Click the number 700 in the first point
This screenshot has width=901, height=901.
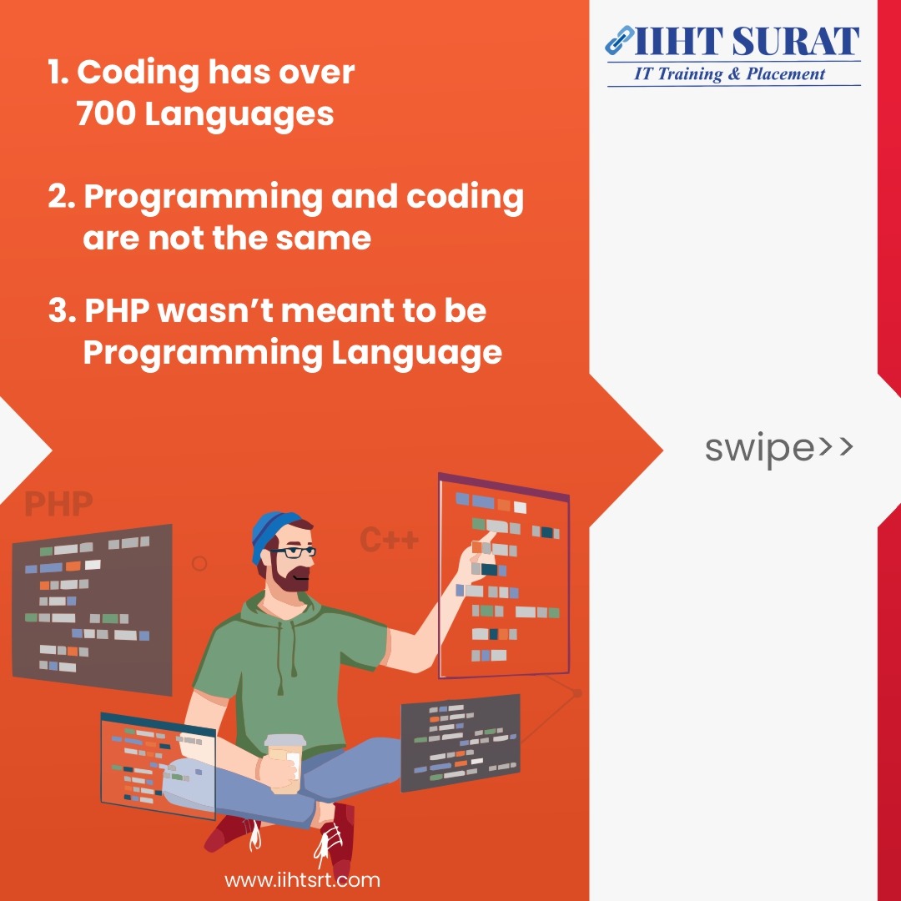coord(107,113)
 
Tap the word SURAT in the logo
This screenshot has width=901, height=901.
coord(795,42)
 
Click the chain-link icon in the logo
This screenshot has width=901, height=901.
coord(619,40)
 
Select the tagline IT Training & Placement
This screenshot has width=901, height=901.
coord(729,74)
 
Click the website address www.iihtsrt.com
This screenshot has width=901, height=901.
coord(302,880)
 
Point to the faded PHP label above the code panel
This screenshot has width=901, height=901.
coord(58,504)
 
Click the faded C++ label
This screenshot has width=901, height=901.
coord(389,540)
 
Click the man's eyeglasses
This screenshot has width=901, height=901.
coord(293,552)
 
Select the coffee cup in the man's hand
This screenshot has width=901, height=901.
coord(285,763)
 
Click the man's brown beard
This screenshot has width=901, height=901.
coord(287,576)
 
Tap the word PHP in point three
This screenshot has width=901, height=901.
coord(118,310)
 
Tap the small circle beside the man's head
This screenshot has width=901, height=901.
coord(199,564)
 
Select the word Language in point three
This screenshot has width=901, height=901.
coord(417,354)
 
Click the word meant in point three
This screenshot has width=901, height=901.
coord(337,311)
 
